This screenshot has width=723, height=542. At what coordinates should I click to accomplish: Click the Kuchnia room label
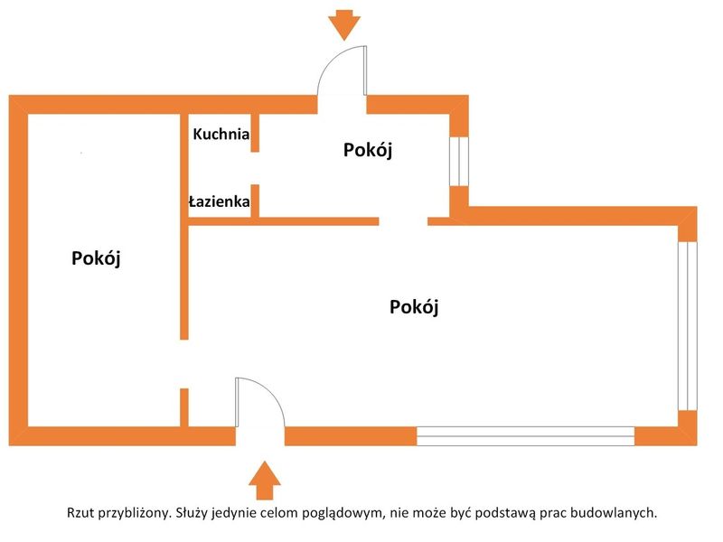[x=221, y=134]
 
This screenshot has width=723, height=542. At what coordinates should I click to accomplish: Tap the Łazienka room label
[x=220, y=201]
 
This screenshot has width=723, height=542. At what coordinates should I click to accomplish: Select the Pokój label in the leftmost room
[x=96, y=258]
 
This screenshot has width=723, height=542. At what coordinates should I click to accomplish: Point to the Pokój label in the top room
[x=368, y=150]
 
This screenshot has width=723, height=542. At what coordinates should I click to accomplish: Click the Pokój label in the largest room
[x=414, y=306]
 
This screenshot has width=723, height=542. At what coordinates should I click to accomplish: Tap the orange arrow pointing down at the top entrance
[x=344, y=25]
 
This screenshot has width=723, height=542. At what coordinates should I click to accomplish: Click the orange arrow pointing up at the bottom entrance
[x=265, y=481]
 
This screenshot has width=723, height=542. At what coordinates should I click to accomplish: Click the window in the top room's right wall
[x=459, y=162]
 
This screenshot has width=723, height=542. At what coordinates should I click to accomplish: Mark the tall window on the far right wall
[x=688, y=325]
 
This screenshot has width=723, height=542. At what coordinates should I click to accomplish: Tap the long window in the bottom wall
[x=526, y=436]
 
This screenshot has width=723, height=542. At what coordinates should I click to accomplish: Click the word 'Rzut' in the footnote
[x=80, y=512]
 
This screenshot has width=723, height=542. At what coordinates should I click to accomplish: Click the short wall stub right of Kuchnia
[x=255, y=133]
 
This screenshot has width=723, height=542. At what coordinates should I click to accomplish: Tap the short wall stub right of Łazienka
[x=255, y=201]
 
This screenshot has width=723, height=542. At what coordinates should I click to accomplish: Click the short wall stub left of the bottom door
[x=184, y=407]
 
